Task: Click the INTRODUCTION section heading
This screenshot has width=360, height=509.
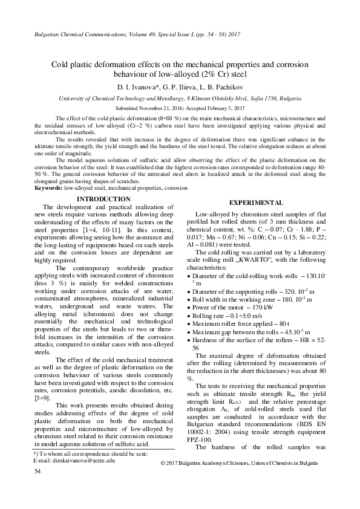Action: [x=104, y=199]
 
